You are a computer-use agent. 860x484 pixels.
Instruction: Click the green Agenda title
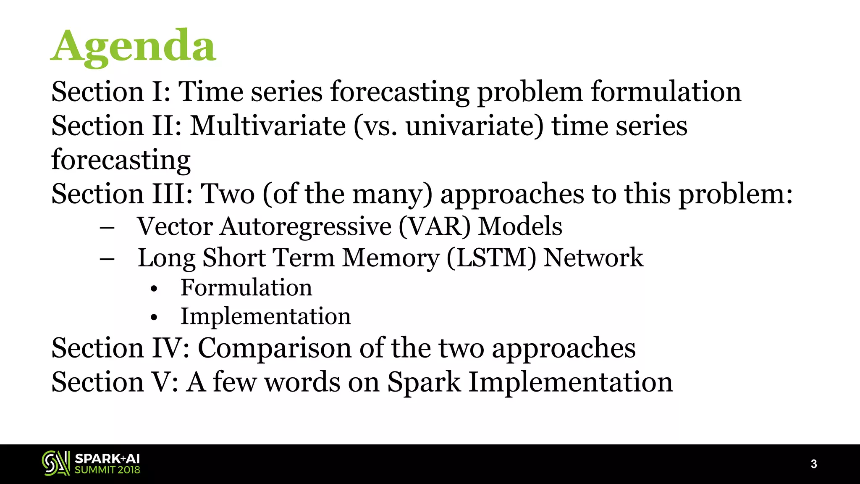click(x=134, y=46)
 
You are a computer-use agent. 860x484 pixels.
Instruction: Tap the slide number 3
click(x=813, y=464)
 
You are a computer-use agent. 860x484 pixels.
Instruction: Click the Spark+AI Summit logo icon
click(x=56, y=463)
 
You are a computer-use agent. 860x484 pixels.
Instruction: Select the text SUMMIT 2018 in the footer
click(x=107, y=470)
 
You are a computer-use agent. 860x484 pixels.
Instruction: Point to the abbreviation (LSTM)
click(x=491, y=258)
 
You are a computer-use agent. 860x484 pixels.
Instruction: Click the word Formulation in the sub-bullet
click(x=246, y=288)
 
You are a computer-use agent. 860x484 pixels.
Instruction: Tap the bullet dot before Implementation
click(x=154, y=318)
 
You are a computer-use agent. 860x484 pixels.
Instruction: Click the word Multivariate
click(x=268, y=126)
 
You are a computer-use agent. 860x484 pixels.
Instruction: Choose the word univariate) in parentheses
click(x=475, y=126)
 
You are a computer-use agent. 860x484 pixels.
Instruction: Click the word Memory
click(x=391, y=258)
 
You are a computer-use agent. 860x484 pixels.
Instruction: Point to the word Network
click(x=593, y=258)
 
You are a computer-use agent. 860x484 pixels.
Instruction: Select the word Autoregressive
click(x=306, y=227)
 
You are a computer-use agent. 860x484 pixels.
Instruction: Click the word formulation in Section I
click(x=666, y=92)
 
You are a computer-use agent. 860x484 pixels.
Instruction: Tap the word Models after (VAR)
click(x=520, y=227)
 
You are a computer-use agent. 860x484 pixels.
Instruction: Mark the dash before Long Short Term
click(x=107, y=259)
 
